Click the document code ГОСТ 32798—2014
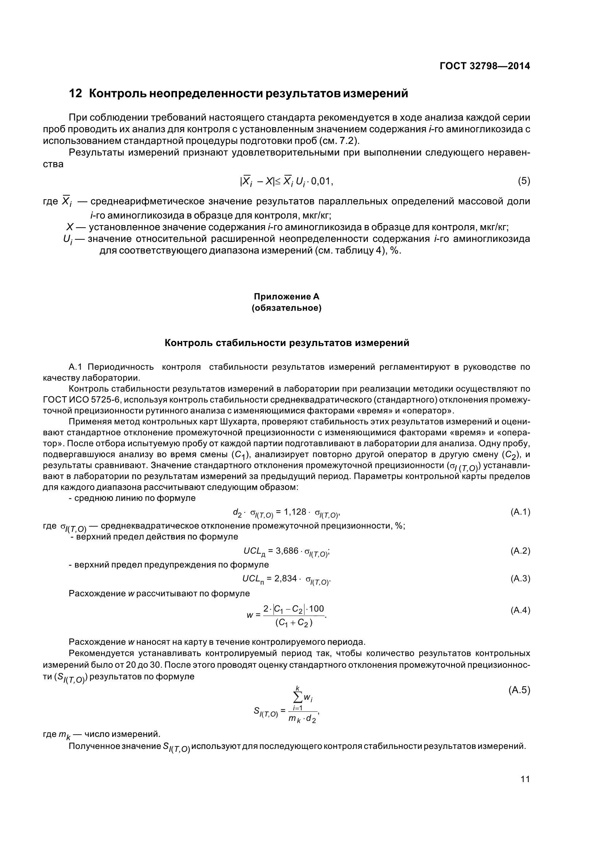point(484,66)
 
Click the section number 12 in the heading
point(75,93)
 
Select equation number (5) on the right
point(524,181)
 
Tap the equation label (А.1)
point(520,513)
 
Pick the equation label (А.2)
point(520,551)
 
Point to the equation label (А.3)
point(520,578)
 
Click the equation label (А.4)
point(520,610)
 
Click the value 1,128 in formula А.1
point(295,512)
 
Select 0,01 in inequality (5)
point(322,181)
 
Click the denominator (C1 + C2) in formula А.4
point(294,623)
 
